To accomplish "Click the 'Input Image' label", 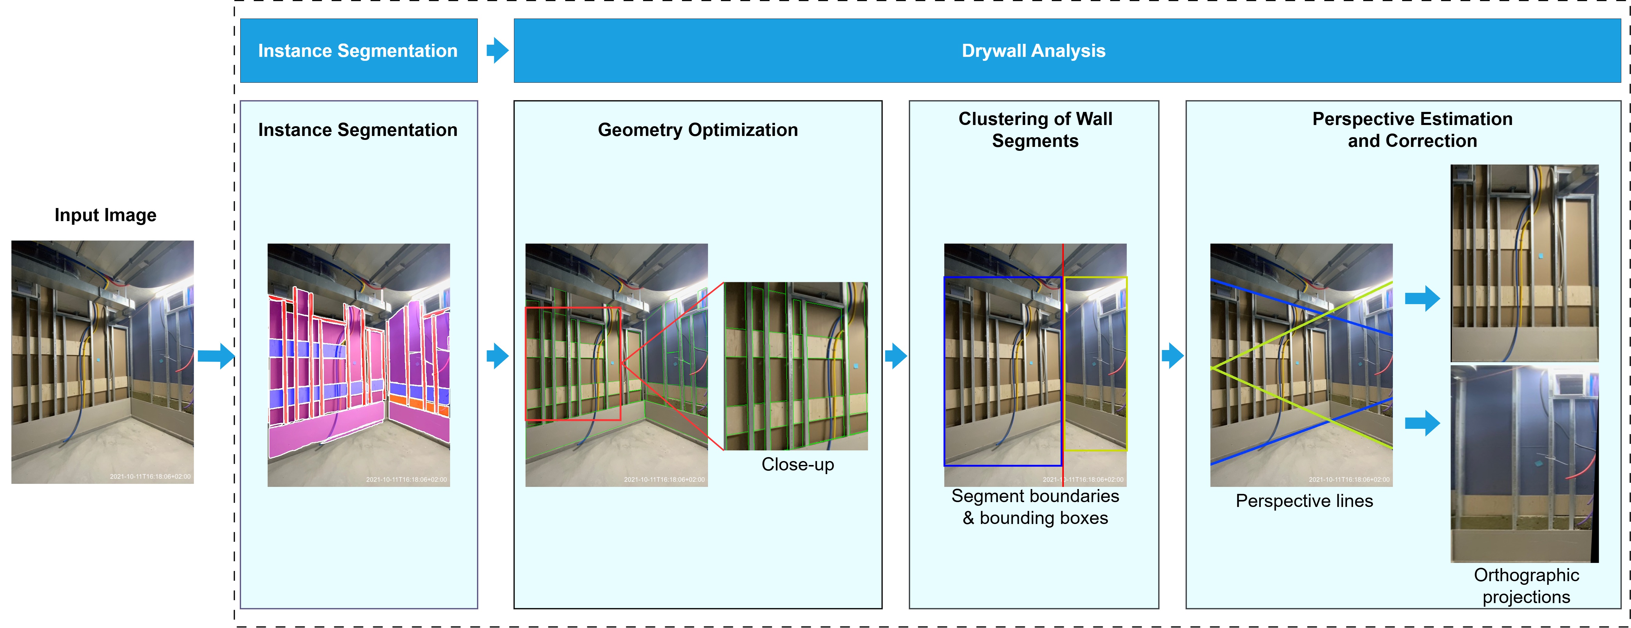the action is (x=105, y=215).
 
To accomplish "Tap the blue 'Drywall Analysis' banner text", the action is (x=1033, y=51).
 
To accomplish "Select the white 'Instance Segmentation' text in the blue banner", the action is (x=358, y=51).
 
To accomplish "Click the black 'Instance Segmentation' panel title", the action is (x=358, y=130).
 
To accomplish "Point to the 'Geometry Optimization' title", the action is (x=698, y=130).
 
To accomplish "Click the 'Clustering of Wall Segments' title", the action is (x=1035, y=130).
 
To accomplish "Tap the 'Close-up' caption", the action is (x=798, y=465).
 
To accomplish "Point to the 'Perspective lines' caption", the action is (x=1304, y=501).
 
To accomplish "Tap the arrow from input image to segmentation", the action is (x=215, y=356).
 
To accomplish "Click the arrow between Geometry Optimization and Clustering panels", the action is (x=895, y=356).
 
